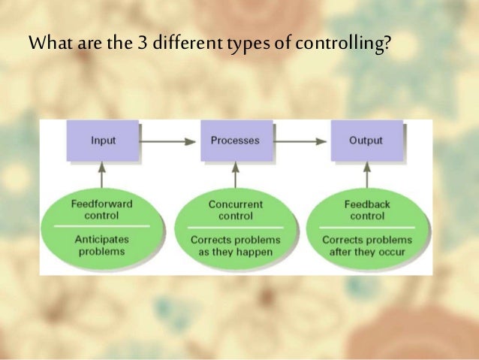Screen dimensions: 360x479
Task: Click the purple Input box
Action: pyautogui.click(x=103, y=141)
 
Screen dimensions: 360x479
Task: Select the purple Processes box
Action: pyautogui.click(x=235, y=141)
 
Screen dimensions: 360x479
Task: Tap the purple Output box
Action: pyautogui.click(x=366, y=141)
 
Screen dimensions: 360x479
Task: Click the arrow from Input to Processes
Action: pyautogui.click(x=169, y=141)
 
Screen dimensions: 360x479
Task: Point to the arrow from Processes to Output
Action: pyautogui.click(x=300, y=141)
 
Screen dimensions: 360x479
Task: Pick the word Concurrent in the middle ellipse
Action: pyautogui.click(x=235, y=203)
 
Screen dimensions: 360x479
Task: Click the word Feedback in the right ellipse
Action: pyautogui.click(x=366, y=203)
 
